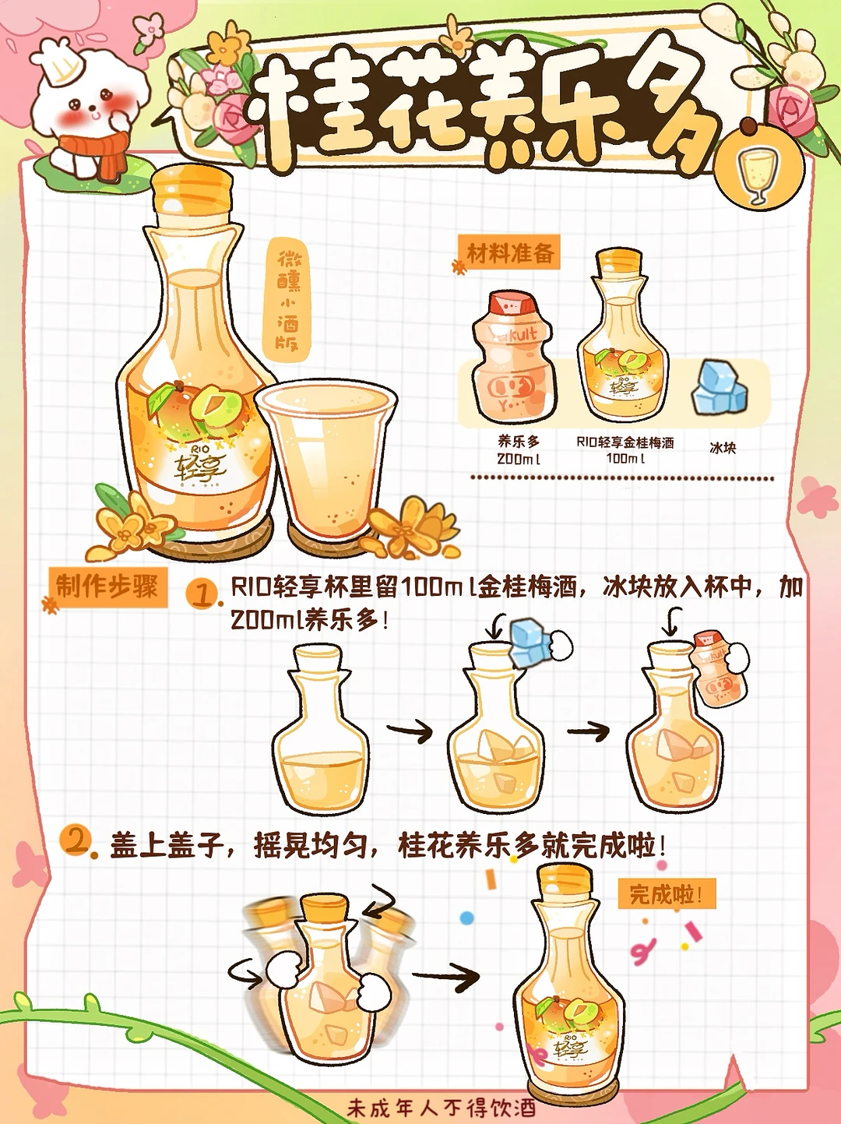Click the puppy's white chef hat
[62, 62]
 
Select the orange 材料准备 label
[509, 252]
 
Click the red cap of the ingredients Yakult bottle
[512, 304]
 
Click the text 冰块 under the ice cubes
[723, 448]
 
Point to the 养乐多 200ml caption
[518, 449]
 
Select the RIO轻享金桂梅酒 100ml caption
[625, 449]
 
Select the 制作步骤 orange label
[107, 587]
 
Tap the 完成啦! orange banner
[667, 894]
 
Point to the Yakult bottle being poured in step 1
[713, 669]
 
